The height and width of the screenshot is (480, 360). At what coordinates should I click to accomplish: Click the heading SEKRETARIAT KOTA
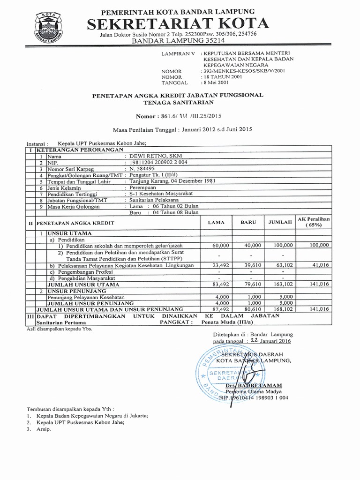(179, 23)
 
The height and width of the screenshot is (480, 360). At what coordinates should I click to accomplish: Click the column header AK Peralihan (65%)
(314, 222)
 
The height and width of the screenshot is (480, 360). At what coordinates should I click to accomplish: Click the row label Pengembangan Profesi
(84, 271)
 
